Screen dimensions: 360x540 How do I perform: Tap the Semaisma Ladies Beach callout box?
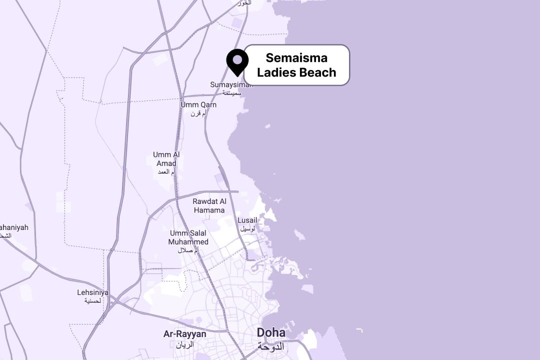click(296, 65)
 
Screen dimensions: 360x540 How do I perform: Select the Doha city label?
click(271, 332)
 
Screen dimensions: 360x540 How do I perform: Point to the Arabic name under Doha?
click(270, 345)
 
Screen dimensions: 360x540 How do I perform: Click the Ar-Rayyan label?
click(184, 333)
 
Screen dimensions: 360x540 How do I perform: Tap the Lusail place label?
click(247, 220)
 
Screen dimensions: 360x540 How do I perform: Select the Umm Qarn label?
click(198, 105)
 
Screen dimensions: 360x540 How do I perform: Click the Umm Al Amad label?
click(166, 159)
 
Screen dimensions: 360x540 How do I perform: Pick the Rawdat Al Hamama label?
click(209, 205)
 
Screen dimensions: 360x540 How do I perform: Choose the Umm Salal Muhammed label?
click(188, 237)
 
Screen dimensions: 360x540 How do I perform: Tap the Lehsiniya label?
click(93, 292)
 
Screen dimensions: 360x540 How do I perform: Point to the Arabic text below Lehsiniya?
click(93, 300)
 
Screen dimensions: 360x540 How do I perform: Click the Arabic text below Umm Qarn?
click(198, 113)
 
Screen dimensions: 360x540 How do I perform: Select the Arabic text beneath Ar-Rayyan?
click(184, 344)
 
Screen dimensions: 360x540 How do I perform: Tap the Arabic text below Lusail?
click(247, 228)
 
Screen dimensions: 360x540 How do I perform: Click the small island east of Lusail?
click(299, 234)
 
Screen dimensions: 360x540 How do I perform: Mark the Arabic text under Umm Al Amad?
click(166, 172)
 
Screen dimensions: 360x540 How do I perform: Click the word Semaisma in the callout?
click(296, 58)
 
